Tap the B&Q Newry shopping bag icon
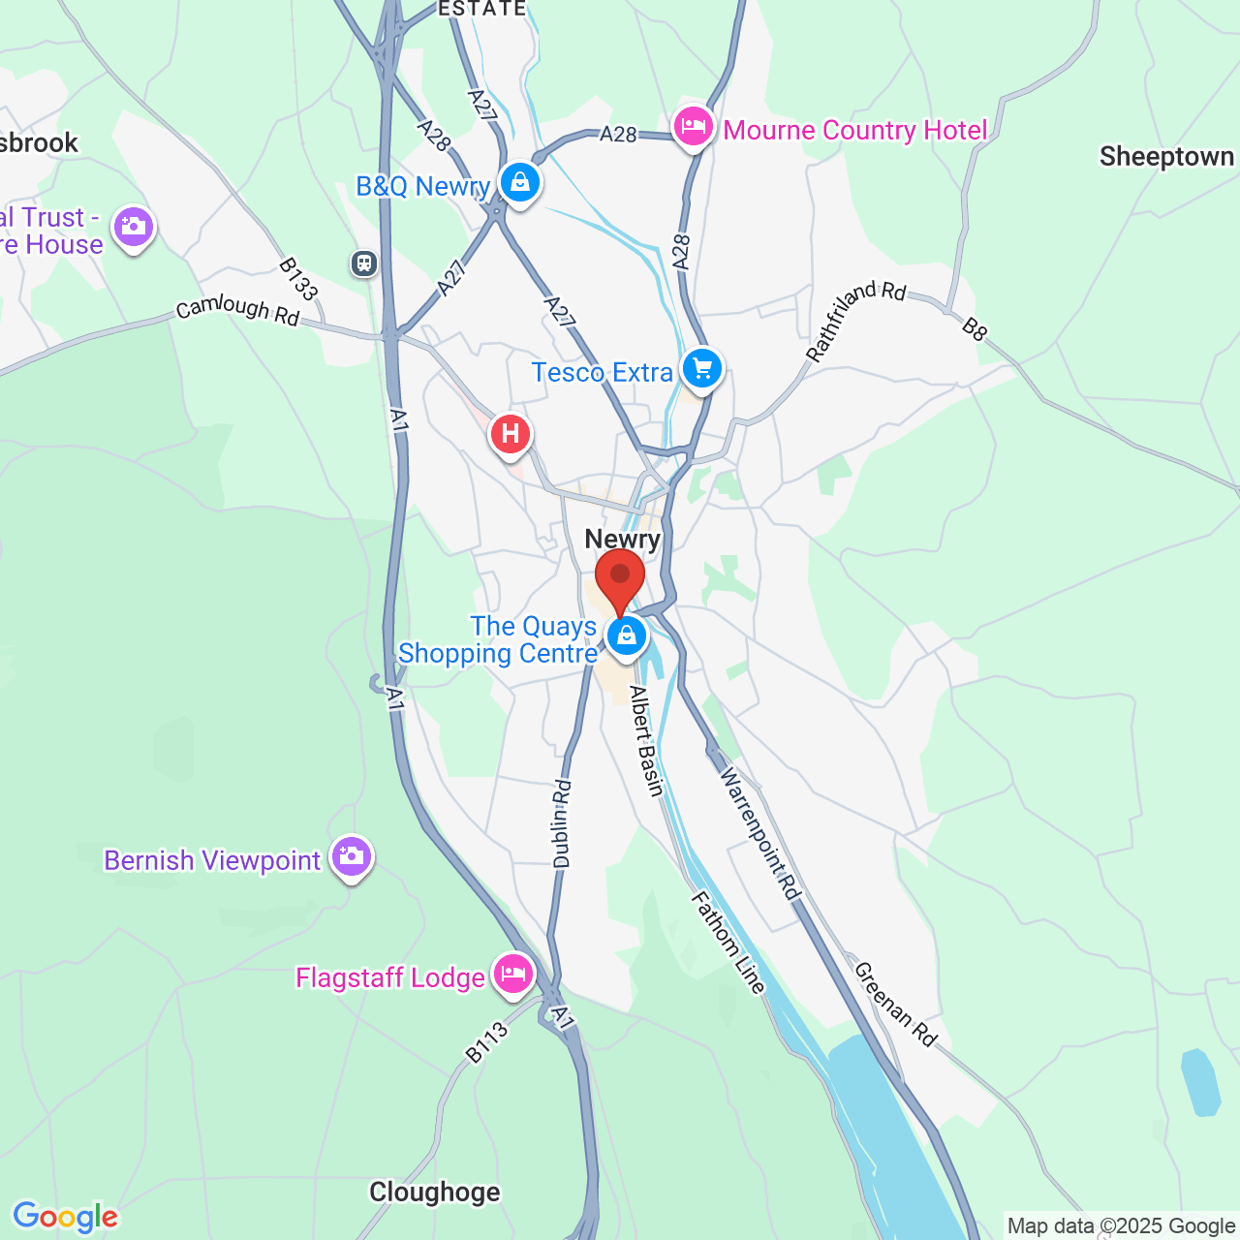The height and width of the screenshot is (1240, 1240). point(520,182)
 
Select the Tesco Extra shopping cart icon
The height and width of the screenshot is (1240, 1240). point(702,369)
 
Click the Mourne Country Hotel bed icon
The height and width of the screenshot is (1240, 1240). point(694,127)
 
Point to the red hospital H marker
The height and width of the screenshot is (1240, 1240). point(511,434)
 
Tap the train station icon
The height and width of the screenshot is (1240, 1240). point(364,263)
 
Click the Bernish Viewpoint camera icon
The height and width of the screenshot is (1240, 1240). point(352,856)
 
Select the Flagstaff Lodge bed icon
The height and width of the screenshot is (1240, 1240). point(513,974)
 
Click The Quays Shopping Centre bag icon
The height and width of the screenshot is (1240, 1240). point(627,636)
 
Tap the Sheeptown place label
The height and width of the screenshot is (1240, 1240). point(1166,157)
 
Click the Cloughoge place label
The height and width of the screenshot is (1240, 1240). point(435,1192)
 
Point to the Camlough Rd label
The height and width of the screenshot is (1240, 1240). point(237,310)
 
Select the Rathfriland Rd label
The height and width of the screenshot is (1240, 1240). point(855,321)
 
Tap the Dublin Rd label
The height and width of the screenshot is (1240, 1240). point(562,824)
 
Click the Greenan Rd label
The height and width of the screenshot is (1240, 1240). point(896,1005)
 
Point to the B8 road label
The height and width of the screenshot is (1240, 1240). point(975,329)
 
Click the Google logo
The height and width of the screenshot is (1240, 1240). point(65,1217)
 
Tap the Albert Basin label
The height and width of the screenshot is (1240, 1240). point(646,741)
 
